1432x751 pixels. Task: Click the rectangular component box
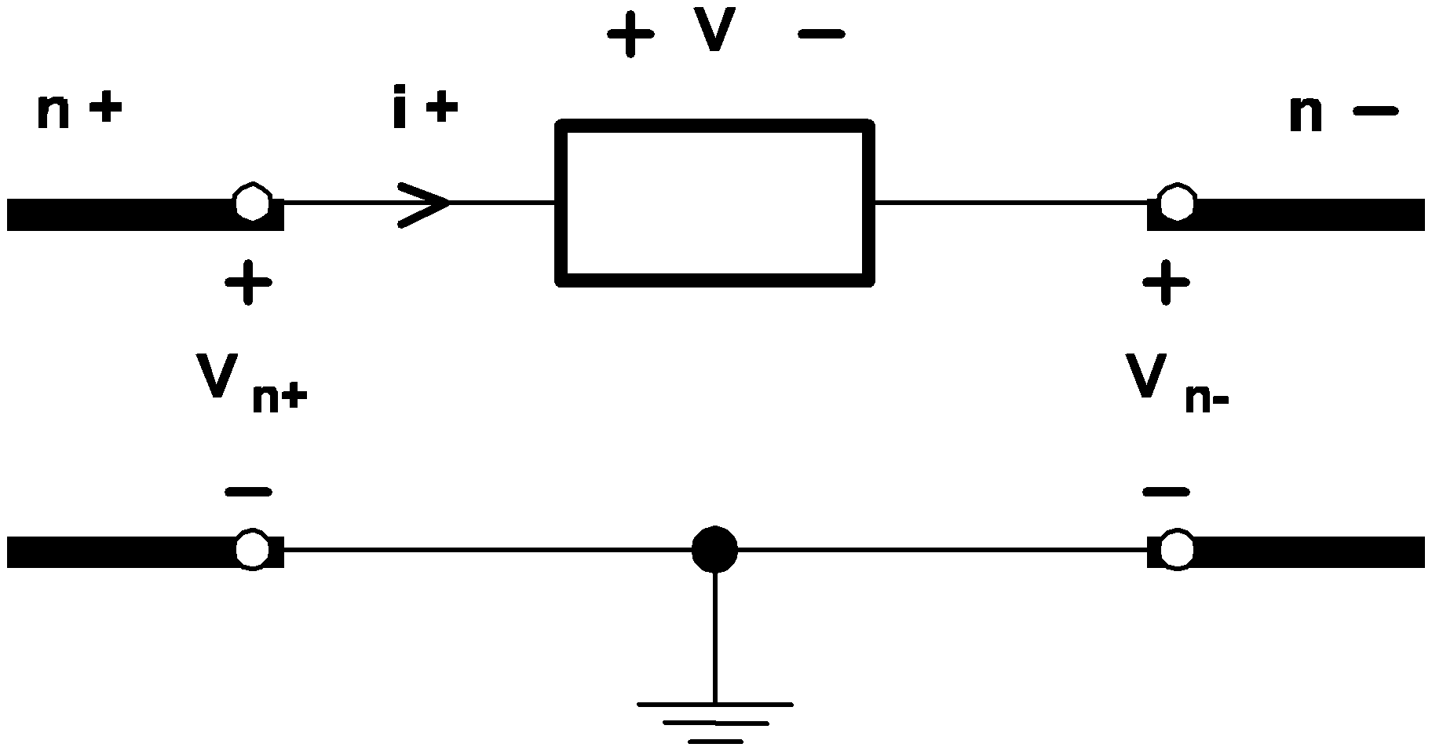714,203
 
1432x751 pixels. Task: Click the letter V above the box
714,33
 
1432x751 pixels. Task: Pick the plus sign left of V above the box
630,35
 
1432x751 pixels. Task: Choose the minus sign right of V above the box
821,35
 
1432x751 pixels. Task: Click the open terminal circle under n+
252,203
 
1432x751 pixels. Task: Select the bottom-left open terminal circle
252,549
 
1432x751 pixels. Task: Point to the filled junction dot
714,549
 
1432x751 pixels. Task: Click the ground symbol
714,721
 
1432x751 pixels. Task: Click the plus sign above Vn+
249,282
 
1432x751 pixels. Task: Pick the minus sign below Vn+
249,493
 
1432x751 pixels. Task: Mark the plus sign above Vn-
1166,282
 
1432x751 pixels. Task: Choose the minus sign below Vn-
1166,493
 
